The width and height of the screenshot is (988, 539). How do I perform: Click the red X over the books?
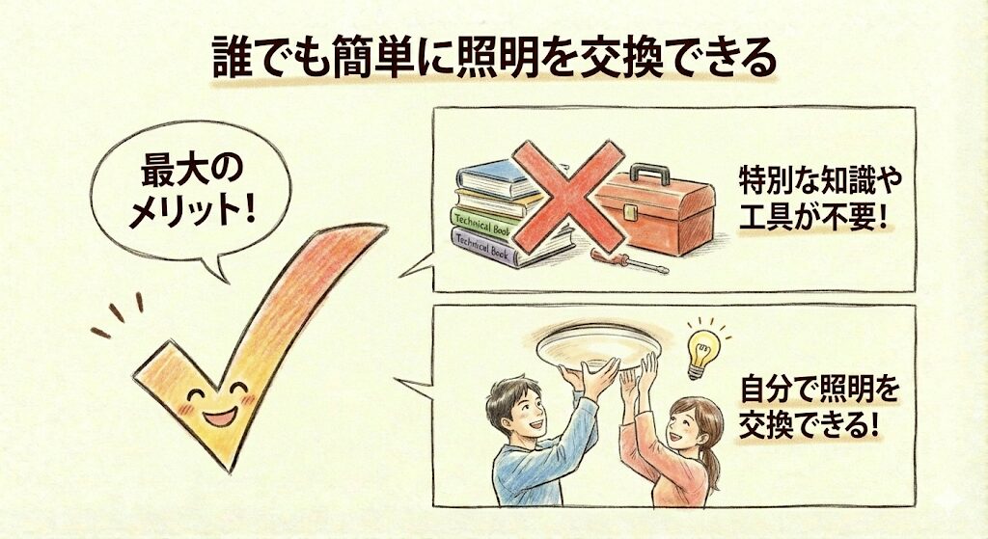568,196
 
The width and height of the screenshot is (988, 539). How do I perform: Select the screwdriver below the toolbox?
629,261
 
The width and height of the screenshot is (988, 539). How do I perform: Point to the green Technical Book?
482,223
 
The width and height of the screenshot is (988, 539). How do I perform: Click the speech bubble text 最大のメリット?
192,191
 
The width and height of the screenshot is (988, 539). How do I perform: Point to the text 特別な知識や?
820,181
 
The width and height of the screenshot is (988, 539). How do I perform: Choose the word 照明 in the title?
485,57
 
